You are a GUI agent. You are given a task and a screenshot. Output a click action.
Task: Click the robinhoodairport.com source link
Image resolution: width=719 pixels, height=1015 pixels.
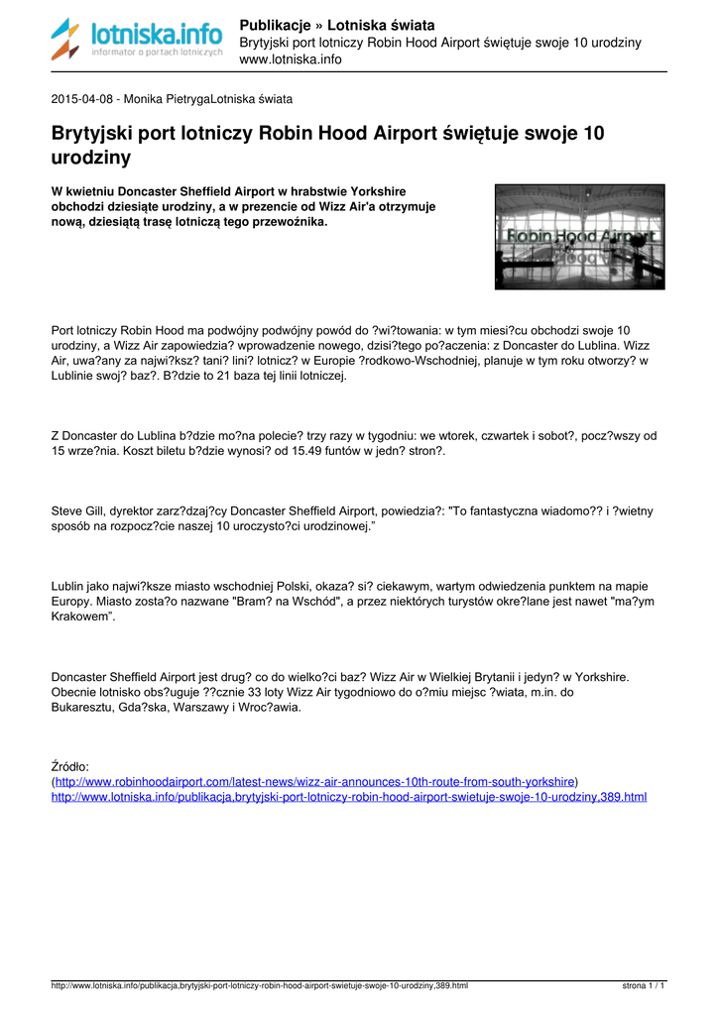click(316, 781)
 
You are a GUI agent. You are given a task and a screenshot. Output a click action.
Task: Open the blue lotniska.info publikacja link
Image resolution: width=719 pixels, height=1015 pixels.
click(348, 796)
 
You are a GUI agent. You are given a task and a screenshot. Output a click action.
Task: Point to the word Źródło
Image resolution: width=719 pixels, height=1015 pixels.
click(70, 766)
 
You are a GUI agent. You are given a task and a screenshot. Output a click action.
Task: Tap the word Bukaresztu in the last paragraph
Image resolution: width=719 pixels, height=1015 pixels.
click(82, 708)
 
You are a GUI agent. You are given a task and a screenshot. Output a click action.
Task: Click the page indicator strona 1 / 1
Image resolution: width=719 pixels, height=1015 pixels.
click(643, 986)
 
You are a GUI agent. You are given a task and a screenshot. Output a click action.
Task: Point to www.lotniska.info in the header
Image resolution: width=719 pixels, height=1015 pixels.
click(291, 59)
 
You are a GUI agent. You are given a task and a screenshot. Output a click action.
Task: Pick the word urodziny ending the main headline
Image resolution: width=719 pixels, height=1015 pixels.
click(90, 157)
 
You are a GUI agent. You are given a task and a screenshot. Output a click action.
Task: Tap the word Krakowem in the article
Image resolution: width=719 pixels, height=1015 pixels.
click(81, 617)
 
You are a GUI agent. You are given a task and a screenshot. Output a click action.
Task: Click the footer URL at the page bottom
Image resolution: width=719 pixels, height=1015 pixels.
click(259, 986)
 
